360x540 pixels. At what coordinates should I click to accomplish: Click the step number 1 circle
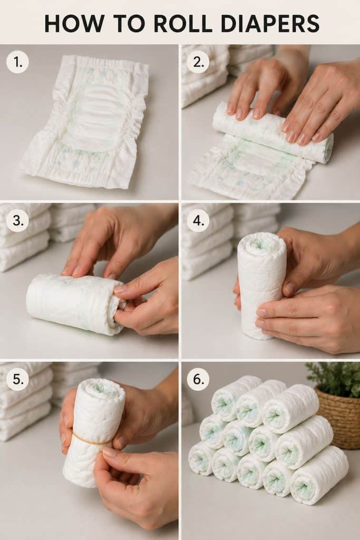point(17,62)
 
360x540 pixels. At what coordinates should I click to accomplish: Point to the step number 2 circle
point(198,62)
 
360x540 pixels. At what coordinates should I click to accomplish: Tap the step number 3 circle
point(17,220)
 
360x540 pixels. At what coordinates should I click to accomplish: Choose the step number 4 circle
point(198,220)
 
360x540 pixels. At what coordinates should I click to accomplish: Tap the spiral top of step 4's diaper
point(261,243)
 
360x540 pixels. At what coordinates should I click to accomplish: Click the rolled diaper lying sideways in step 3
point(76,304)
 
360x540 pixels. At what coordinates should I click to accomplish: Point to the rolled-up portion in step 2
point(272,132)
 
